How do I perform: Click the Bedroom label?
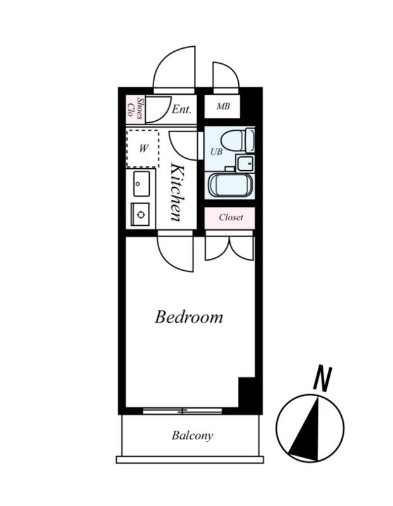188,318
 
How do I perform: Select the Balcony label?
192,436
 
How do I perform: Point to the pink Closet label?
231,217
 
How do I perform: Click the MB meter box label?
223,106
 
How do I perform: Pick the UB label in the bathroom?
216,151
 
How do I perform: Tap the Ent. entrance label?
181,109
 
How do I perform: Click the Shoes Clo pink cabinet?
135,109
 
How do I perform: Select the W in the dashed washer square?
143,149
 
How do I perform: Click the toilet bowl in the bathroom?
233,140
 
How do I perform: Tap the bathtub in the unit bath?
230,185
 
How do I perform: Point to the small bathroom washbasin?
245,163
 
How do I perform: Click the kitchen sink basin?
141,183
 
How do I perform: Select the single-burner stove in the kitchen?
140,214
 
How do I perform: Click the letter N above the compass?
322,378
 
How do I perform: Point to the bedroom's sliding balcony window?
183,410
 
